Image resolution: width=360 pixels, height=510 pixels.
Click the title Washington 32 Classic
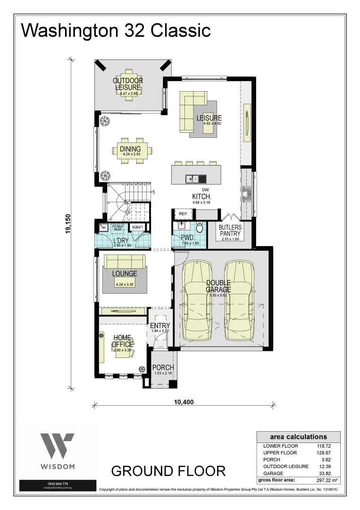(116, 30)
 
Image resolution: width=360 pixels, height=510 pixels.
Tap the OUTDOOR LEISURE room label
(128, 84)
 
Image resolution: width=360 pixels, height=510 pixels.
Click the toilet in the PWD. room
(199, 229)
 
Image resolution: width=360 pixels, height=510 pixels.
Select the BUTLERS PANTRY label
(231, 230)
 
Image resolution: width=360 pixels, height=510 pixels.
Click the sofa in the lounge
(125, 261)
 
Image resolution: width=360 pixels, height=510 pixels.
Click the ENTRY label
(160, 326)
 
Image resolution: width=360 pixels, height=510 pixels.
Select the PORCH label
(164, 367)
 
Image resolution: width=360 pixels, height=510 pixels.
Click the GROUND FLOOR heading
(168, 471)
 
